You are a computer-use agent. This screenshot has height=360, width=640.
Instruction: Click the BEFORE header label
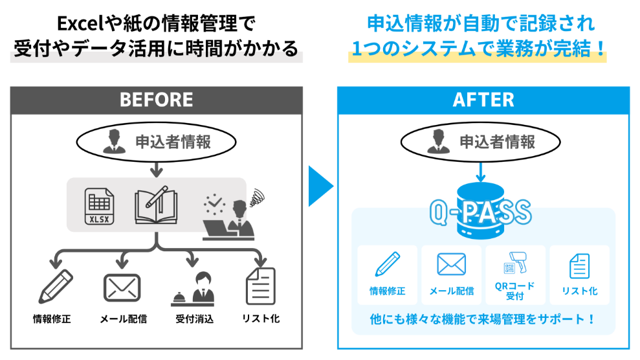tap(156, 99)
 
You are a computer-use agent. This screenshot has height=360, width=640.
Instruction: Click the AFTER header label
tap(483, 99)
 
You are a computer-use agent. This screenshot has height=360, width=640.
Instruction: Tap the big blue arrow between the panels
tap(320, 186)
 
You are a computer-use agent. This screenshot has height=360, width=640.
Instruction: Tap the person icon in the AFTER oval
tap(437, 142)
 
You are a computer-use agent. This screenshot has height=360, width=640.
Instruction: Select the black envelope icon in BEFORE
tap(122, 286)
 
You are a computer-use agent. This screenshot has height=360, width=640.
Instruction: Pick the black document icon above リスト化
tap(261, 285)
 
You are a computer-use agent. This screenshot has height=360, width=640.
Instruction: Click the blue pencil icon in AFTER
tap(387, 264)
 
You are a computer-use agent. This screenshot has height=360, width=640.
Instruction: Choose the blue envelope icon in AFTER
tap(451, 264)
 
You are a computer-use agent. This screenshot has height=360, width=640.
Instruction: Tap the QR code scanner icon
tap(515, 264)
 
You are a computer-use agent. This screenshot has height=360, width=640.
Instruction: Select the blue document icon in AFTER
tap(579, 265)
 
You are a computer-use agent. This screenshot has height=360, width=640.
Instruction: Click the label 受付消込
tap(194, 319)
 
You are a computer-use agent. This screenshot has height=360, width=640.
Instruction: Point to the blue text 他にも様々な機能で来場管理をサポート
tap(482, 319)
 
